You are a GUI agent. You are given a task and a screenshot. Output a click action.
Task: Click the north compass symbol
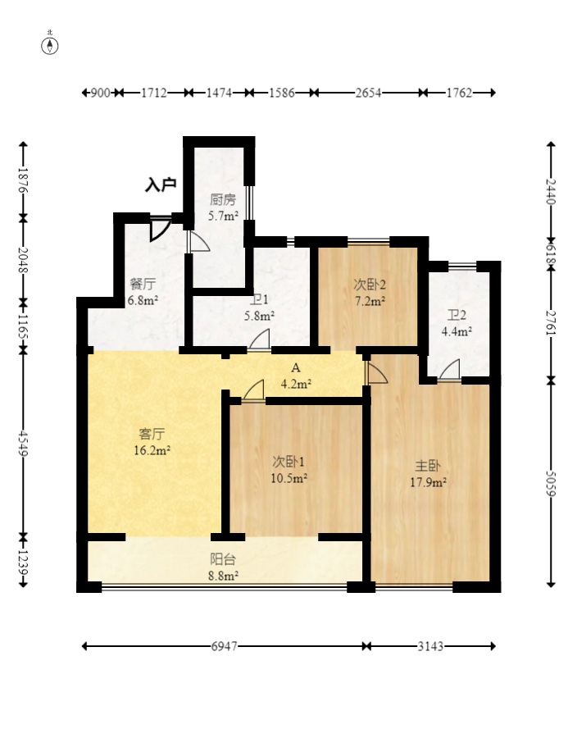(x=50, y=46)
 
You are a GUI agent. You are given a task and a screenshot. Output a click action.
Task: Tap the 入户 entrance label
(x=161, y=185)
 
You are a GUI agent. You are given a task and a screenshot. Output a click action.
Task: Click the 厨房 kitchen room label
(x=223, y=200)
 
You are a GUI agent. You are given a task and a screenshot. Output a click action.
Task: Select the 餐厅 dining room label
(x=143, y=284)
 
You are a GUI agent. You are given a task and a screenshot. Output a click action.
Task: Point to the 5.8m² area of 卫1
(x=259, y=316)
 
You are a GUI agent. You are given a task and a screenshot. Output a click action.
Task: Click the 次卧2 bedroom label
(x=370, y=284)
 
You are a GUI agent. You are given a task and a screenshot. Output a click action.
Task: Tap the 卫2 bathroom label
(x=457, y=315)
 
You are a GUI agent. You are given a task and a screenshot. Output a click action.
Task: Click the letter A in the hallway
(x=296, y=368)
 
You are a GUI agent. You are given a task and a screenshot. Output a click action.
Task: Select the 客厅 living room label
(x=152, y=434)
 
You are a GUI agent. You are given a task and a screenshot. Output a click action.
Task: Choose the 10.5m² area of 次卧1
(x=289, y=478)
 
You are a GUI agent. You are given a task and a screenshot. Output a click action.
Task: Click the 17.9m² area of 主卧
(x=428, y=482)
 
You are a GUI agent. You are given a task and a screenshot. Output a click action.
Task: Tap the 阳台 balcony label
(x=223, y=558)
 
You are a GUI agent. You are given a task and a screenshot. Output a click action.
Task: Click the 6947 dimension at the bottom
(x=224, y=646)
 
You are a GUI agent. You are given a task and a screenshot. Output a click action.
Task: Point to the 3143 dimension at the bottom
(x=430, y=646)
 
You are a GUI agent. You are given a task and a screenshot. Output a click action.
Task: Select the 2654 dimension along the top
(x=368, y=93)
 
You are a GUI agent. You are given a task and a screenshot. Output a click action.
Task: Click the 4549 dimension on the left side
(x=23, y=443)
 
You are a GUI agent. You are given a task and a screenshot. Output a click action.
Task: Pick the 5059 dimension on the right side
(x=551, y=484)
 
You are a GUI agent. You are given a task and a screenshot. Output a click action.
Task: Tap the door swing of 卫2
(x=450, y=370)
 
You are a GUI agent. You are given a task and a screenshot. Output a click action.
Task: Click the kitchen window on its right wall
(x=249, y=203)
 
